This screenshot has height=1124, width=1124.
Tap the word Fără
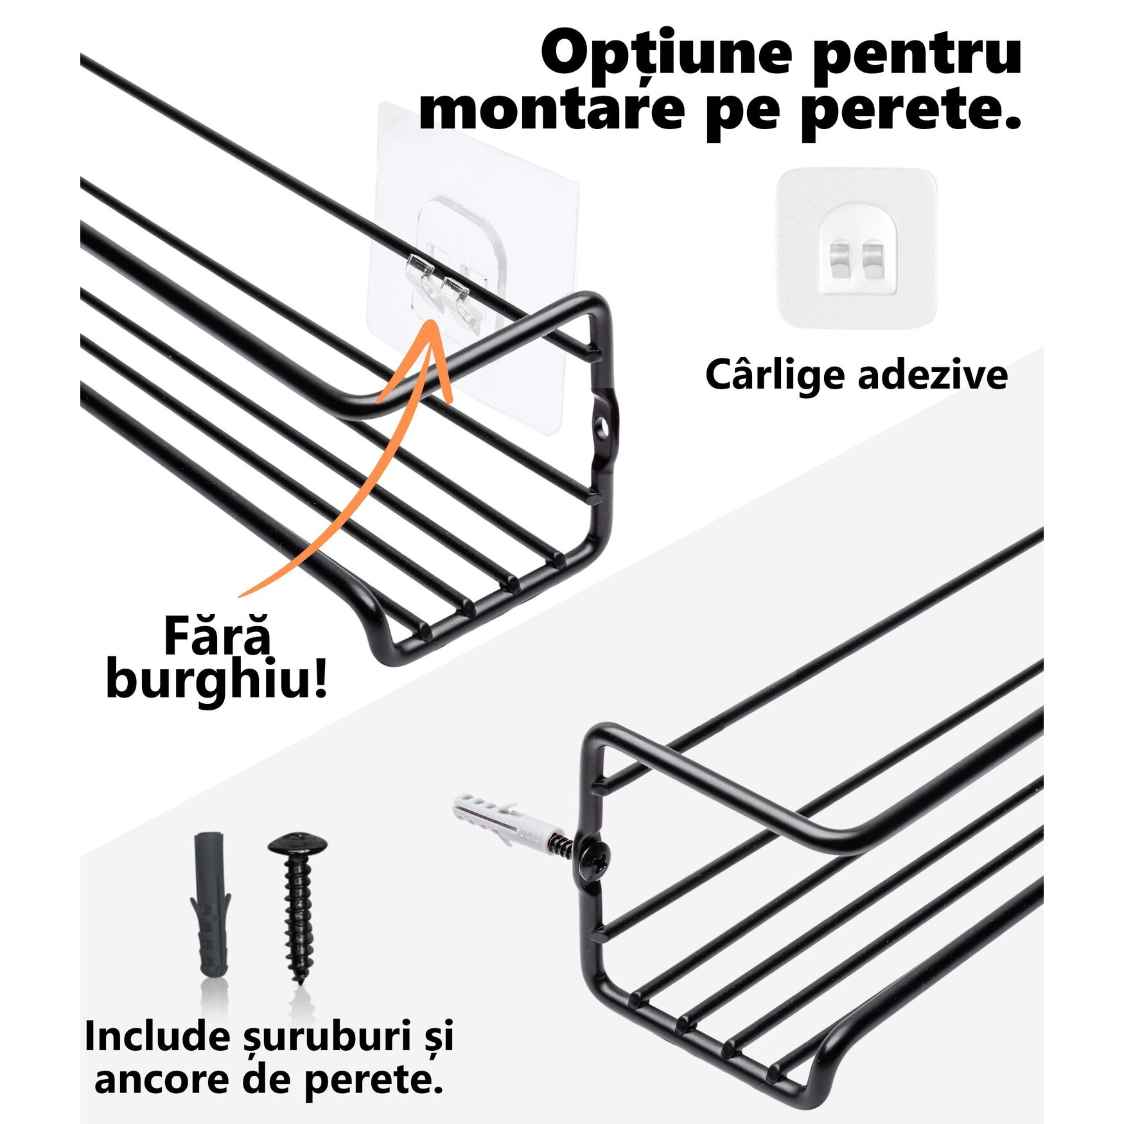click(x=216, y=636)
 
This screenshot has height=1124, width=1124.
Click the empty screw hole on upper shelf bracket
click(x=602, y=425)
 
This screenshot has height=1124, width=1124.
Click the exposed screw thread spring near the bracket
click(x=562, y=844)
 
